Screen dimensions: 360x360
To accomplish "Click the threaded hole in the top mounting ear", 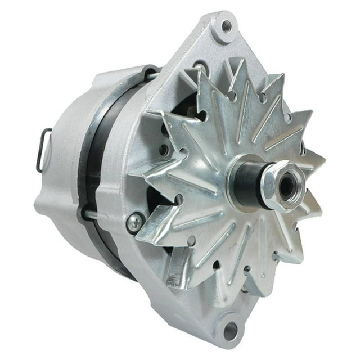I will click(227, 26).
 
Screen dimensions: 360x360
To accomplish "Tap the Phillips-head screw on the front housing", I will click(134, 223).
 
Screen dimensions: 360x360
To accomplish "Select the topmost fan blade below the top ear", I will click(217, 84).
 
